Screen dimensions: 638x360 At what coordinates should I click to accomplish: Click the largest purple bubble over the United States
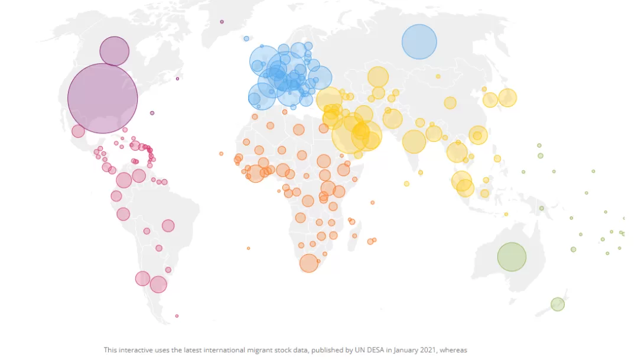(103, 98)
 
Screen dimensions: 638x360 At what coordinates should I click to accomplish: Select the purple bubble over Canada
(115, 51)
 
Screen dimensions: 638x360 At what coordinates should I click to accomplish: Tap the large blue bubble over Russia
(419, 41)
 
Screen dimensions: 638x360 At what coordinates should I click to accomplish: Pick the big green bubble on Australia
(512, 257)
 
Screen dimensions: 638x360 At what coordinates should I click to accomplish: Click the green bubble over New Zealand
(558, 304)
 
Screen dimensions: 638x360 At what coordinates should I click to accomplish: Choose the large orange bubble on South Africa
(309, 263)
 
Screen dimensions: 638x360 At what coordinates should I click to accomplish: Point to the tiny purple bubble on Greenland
(222, 22)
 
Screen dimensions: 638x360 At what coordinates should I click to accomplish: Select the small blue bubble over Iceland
(246, 38)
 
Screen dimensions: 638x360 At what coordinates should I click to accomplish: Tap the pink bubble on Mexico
(78, 131)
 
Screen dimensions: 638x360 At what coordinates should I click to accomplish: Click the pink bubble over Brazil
(168, 226)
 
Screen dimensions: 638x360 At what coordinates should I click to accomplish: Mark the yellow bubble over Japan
(507, 98)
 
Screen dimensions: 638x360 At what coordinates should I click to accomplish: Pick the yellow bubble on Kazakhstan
(378, 77)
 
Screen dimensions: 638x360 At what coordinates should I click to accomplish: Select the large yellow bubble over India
(414, 142)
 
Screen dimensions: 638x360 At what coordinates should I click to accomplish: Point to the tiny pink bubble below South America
(177, 316)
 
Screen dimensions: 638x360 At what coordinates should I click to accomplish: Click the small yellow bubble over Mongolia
(438, 77)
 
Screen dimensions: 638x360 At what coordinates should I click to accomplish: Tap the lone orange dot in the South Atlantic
(248, 248)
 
